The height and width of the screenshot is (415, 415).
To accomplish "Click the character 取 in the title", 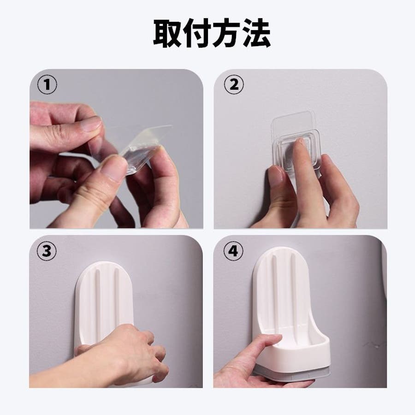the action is tap(167, 33).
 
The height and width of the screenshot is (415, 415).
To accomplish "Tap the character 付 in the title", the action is tap(196, 33).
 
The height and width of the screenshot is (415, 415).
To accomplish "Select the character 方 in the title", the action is tap(226, 33).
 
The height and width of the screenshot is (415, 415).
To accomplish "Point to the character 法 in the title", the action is tap(256, 33).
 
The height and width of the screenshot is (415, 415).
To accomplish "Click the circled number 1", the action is tap(47, 85).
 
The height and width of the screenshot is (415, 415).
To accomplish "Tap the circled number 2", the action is tap(234, 85).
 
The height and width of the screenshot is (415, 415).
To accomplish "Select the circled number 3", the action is tap(47, 251).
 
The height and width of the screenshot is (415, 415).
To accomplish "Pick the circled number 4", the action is tap(233, 251).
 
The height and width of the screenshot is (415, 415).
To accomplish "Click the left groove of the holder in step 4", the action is tap(274, 291).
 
